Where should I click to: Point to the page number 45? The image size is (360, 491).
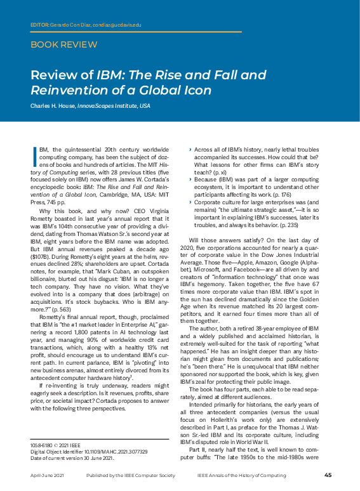(328, 475)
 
